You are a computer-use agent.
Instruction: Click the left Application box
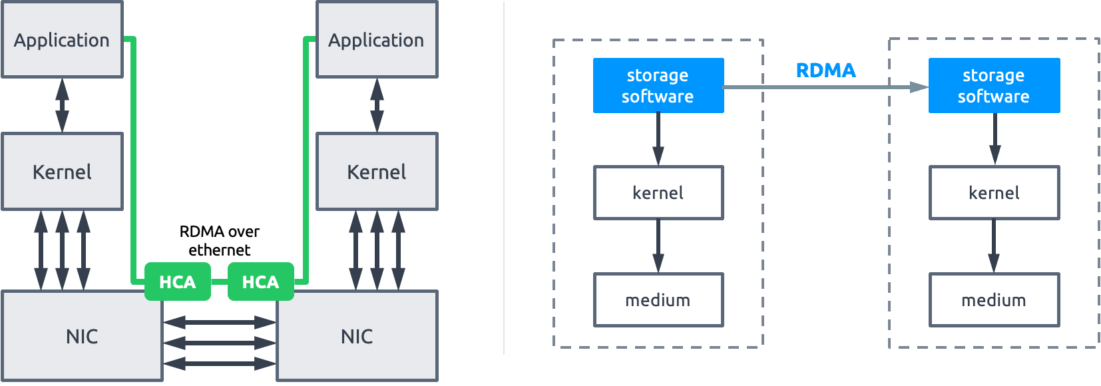click(x=62, y=40)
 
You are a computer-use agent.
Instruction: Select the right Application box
click(x=376, y=40)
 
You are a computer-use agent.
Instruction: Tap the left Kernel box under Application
click(x=62, y=172)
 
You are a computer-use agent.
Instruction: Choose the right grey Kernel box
click(x=376, y=172)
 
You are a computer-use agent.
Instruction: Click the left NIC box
click(x=82, y=336)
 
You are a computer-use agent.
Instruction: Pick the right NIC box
click(x=357, y=336)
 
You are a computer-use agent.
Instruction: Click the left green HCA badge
click(x=178, y=282)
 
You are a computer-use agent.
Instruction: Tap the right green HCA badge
click(x=260, y=282)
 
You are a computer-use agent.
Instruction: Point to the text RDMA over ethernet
click(x=219, y=240)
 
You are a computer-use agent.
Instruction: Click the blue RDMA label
click(x=825, y=71)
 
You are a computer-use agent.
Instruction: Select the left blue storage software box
click(x=658, y=85)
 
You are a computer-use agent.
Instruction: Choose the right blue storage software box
click(x=993, y=85)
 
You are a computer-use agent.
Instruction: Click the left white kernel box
click(x=658, y=193)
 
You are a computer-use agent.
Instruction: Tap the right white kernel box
click(x=993, y=193)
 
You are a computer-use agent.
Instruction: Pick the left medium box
click(x=658, y=300)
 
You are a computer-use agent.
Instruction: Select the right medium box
click(x=993, y=300)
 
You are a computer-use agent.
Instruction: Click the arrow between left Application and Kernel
click(x=62, y=105)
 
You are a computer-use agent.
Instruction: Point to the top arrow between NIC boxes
click(x=219, y=322)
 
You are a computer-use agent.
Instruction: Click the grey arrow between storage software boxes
click(x=825, y=87)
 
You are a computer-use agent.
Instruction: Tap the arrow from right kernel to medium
click(x=993, y=246)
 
